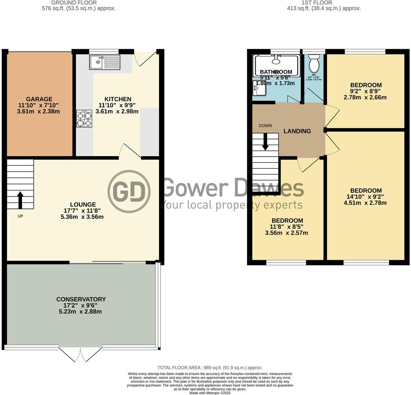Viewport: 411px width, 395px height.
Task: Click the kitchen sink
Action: click(105, 62)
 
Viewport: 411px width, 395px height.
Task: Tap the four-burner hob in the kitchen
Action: click(85, 119)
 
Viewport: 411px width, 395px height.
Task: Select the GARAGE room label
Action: click(39, 99)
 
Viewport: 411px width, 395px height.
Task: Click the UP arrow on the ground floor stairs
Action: click(20, 200)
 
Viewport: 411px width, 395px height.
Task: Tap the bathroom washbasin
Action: click(259, 89)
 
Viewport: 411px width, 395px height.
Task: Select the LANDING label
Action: click(297, 131)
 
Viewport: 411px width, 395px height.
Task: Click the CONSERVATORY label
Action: click(81, 299)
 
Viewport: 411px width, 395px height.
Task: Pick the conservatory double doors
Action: click(81, 354)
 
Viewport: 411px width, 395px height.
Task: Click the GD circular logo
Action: click(129, 191)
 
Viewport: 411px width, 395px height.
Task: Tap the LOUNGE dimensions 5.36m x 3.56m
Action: click(82, 217)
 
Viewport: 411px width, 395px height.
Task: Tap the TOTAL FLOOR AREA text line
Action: click(210, 368)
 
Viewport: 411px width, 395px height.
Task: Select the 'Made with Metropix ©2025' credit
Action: click(210, 393)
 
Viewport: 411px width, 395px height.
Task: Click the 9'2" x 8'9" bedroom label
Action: click(365, 91)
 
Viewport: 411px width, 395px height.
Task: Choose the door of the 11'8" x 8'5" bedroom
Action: click(309, 164)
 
